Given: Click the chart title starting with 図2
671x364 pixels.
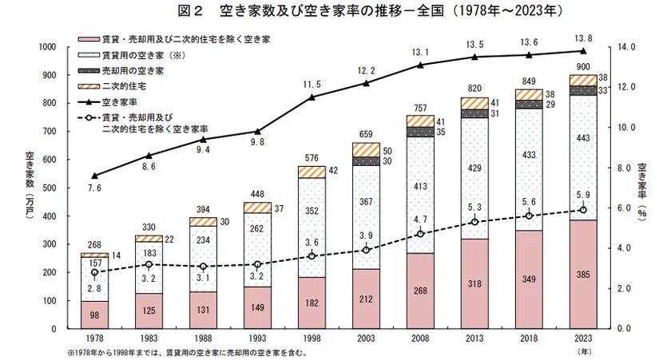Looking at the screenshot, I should [335, 12].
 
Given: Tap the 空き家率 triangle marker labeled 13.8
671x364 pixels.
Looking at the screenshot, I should [582, 51].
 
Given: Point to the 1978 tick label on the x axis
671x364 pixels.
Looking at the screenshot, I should [95, 338].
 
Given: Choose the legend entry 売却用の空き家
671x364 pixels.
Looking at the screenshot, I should [133, 70].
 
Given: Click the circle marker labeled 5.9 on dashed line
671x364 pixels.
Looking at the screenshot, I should [582, 210].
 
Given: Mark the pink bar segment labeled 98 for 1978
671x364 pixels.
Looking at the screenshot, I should [95, 315].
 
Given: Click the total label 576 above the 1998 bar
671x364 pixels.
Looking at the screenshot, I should [312, 158].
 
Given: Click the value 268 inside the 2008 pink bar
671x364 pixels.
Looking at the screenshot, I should [420, 291].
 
